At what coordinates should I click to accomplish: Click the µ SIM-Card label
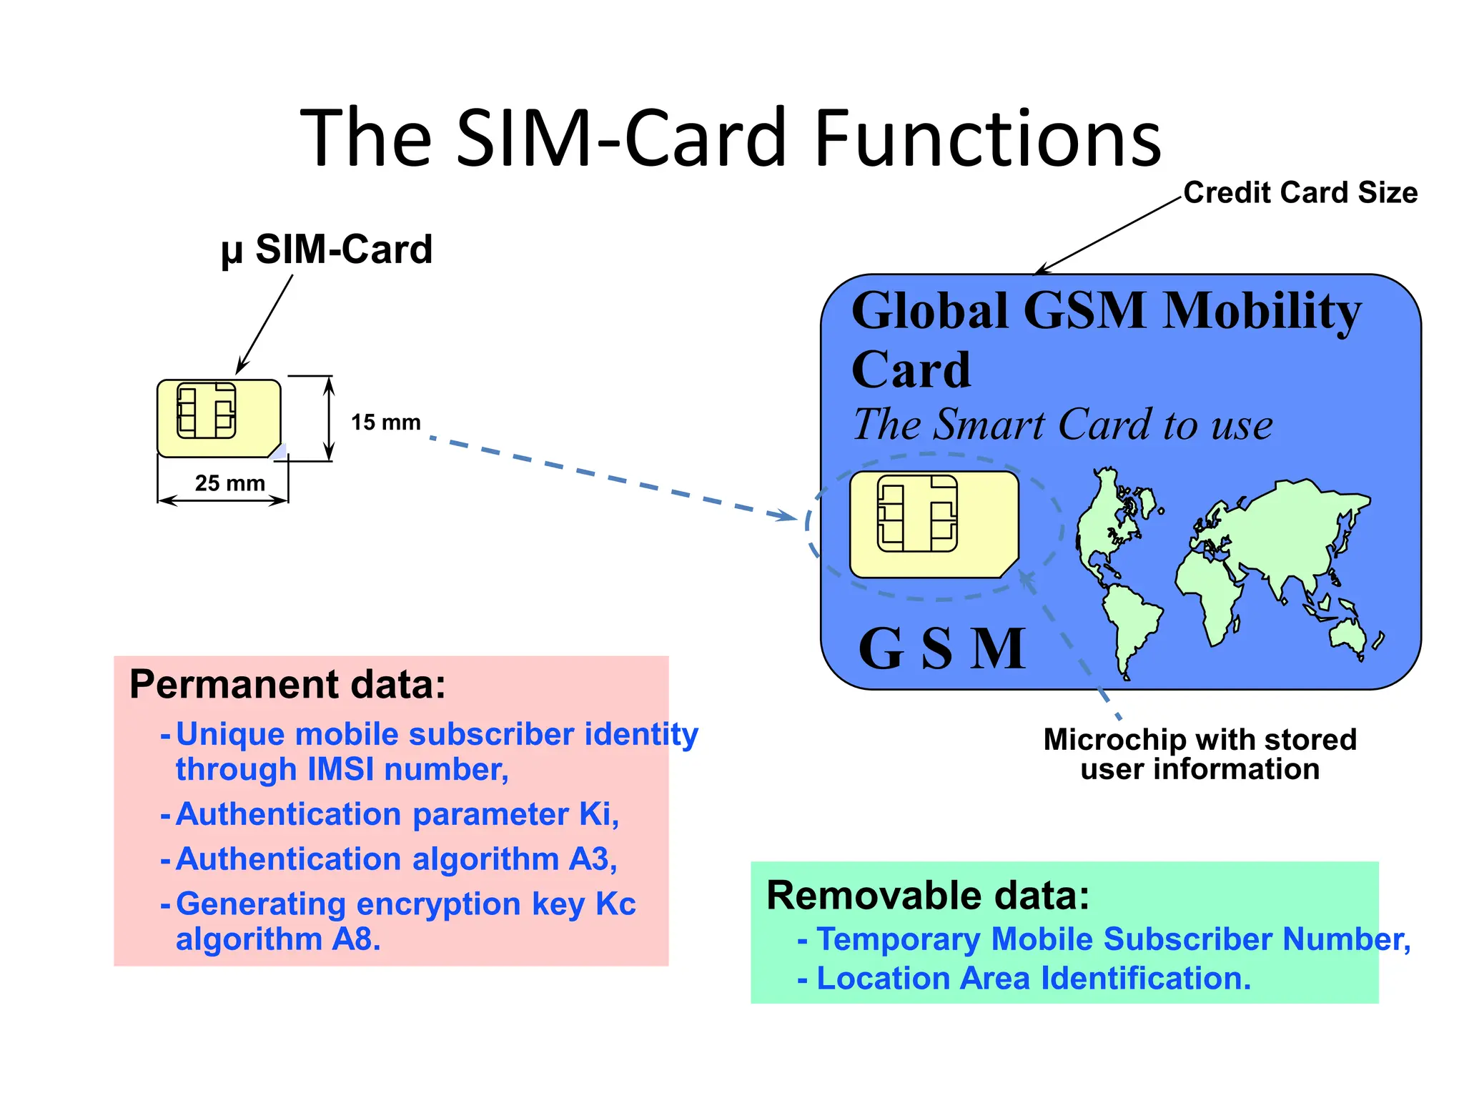point(327,249)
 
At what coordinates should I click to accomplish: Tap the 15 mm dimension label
point(385,422)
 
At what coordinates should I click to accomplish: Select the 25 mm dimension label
point(229,483)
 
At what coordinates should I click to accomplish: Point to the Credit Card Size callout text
point(1300,193)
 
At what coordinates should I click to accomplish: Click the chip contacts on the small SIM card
point(207,410)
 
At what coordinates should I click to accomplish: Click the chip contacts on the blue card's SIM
point(917,513)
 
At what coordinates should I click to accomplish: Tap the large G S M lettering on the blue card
point(942,649)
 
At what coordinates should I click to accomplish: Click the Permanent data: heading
point(287,684)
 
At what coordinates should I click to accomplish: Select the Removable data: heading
point(928,895)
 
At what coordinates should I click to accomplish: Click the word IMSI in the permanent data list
point(341,770)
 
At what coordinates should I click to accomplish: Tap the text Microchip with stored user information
point(1200,754)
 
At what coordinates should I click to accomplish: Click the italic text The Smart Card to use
point(1062,425)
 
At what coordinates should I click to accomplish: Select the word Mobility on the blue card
point(1262,312)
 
